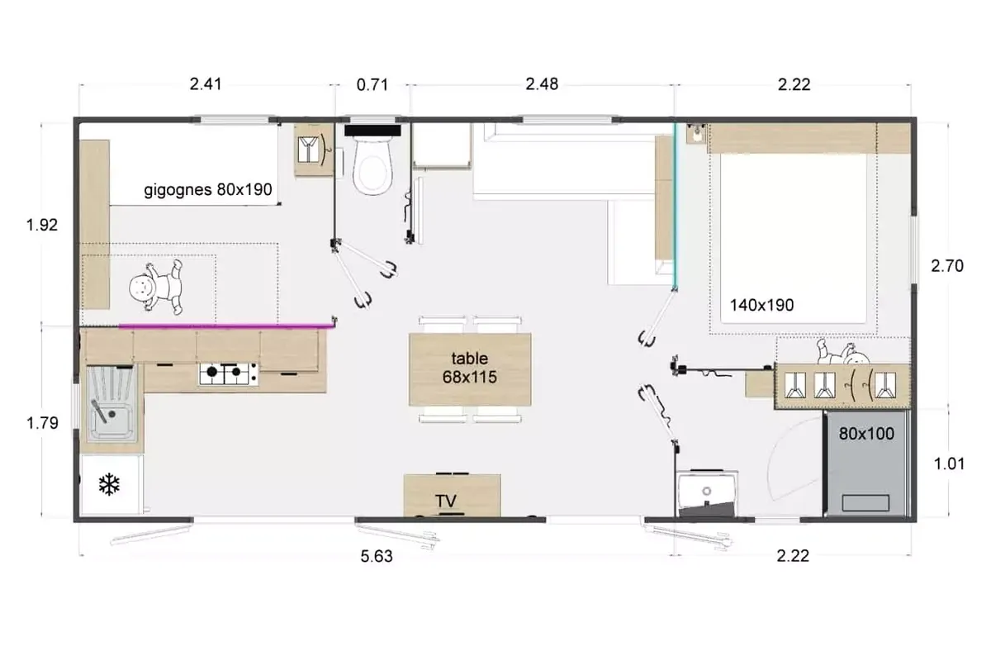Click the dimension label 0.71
coord(372,84)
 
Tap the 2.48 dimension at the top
coord(542,84)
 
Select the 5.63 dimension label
coord(377,556)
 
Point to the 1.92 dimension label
coord(42,225)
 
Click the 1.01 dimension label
coord(949,464)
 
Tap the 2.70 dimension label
coord(947,266)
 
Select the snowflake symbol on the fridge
coord(109,484)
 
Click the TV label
coord(445,502)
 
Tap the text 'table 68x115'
coord(469,368)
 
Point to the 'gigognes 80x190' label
coord(208,190)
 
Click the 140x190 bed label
coord(761,305)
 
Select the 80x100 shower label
coord(866,434)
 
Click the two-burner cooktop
coord(229,373)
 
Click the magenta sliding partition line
coord(225,326)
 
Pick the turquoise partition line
coord(675,205)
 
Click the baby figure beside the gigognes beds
coord(156,287)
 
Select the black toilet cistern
coord(372,131)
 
